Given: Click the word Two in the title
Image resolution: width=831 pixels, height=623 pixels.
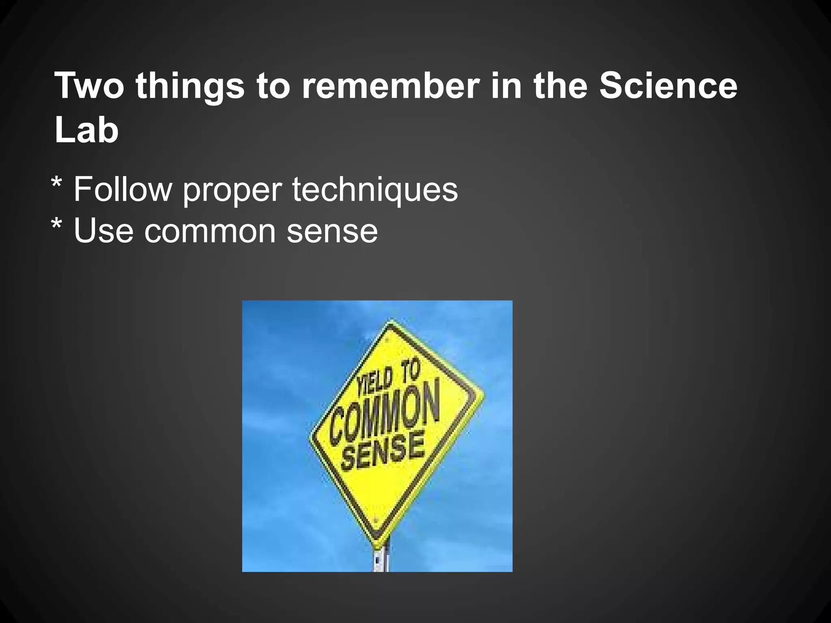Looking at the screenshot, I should (x=89, y=86).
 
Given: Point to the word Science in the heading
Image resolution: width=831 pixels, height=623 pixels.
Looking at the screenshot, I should (x=668, y=86).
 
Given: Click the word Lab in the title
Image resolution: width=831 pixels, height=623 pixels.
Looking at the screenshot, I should (x=86, y=130).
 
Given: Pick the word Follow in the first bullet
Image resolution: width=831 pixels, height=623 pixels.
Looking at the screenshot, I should (x=123, y=189).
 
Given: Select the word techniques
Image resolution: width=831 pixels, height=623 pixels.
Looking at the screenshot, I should (x=375, y=190).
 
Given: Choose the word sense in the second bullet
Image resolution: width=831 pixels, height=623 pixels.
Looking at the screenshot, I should (x=332, y=231).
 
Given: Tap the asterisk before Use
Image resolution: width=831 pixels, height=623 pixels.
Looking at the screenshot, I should (x=56, y=225).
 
